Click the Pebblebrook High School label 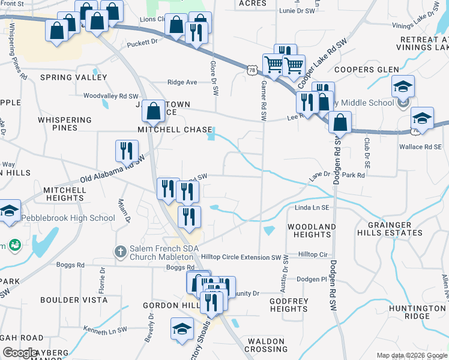[x=68, y=218]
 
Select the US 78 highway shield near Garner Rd [x=252, y=70]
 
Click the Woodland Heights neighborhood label [x=311, y=230]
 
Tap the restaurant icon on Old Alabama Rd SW [x=127, y=151]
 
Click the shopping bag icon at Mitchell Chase [x=154, y=110]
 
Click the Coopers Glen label [x=367, y=70]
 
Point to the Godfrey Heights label [x=289, y=305]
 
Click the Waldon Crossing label [x=267, y=345]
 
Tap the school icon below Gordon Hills [x=182, y=329]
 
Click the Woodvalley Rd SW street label [x=111, y=96]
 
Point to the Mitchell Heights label [x=64, y=194]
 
